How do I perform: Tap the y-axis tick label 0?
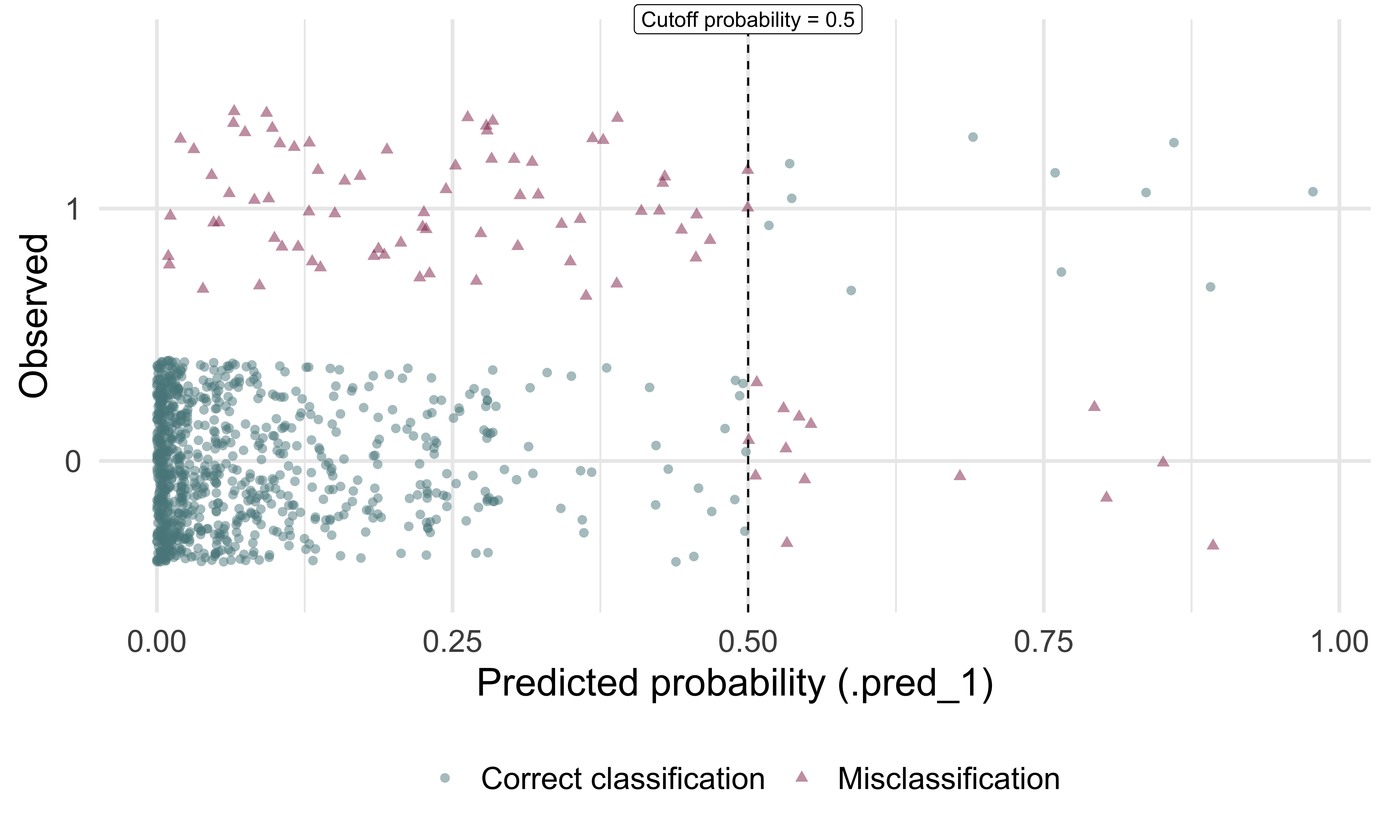click(73, 462)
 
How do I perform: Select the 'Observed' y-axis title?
click(34, 316)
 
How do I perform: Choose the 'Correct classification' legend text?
click(623, 779)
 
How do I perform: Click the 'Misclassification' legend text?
click(948, 779)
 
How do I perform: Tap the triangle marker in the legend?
click(802, 777)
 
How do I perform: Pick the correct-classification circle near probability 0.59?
click(851, 290)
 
